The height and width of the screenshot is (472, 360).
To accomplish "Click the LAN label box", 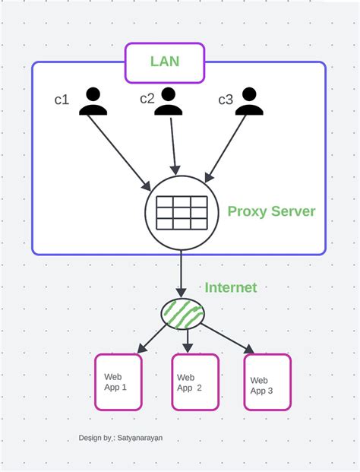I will (165, 62).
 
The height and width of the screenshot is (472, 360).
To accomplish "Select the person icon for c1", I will (93, 101).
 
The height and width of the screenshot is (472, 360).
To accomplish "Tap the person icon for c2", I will (169, 101).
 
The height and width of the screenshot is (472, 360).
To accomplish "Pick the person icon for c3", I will (248, 101).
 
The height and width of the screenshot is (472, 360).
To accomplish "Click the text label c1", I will (62, 100).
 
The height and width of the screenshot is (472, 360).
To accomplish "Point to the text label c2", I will (147, 98).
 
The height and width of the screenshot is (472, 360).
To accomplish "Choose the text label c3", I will (226, 100).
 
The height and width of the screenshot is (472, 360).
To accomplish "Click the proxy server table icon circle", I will (182, 213).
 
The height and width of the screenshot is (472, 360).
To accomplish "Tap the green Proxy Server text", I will (271, 211).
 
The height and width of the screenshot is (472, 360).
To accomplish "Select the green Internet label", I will (230, 288).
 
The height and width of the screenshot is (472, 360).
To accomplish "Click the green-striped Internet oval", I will (182, 313).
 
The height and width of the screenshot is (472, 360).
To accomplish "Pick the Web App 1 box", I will (118, 382).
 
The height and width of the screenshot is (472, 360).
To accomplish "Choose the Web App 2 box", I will (194, 382).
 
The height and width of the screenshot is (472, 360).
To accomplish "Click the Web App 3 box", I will (267, 382).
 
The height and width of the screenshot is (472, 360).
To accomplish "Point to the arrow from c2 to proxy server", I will (174, 144).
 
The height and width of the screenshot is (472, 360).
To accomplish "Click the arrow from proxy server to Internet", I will (182, 274).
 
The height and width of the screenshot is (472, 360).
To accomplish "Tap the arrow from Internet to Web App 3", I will (226, 338).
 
